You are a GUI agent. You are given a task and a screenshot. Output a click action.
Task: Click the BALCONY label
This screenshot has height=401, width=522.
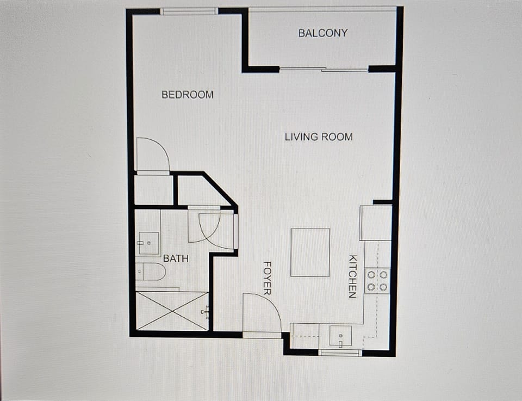pyautogui.click(x=322, y=33)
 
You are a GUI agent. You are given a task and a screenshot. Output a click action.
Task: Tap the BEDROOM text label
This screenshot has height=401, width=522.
pyautogui.click(x=188, y=95)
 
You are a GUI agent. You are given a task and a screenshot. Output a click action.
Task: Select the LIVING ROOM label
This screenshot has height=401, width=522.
pyautogui.click(x=319, y=137)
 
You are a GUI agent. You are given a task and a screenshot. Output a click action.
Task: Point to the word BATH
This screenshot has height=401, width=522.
pyautogui.click(x=176, y=258)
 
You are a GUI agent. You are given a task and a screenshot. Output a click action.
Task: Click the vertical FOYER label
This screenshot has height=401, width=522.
pyautogui.click(x=267, y=278)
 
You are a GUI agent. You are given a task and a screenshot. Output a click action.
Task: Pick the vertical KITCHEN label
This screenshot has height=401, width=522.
pyautogui.click(x=352, y=276)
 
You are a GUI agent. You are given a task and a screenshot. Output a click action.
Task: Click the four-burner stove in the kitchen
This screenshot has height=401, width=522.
pyautogui.click(x=377, y=280)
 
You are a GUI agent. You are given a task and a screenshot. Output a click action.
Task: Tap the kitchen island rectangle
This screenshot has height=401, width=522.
pyautogui.click(x=310, y=252)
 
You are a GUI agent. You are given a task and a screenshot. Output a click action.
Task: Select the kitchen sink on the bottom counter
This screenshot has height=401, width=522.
pyautogui.click(x=340, y=336)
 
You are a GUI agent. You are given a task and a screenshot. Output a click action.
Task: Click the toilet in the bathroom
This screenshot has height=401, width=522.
pyautogui.click(x=151, y=271)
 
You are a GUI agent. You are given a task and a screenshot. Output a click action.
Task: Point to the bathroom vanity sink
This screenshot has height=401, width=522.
pyautogui.click(x=148, y=243)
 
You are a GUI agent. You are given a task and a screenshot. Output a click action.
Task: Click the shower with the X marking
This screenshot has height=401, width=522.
pyautogui.click(x=172, y=311)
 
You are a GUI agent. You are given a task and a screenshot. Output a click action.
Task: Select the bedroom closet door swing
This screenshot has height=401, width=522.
pyautogui.click(x=152, y=155)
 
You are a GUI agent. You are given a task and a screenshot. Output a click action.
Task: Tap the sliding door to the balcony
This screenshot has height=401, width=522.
pyautogui.click(x=324, y=69)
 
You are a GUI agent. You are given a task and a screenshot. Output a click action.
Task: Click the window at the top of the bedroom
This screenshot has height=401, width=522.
pyautogui.click(x=189, y=11)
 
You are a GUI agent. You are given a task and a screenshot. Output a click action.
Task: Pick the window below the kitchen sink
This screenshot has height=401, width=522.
pyautogui.click(x=340, y=353)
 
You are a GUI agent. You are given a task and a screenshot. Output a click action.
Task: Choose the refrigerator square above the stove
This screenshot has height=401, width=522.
pyautogui.click(x=375, y=223)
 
